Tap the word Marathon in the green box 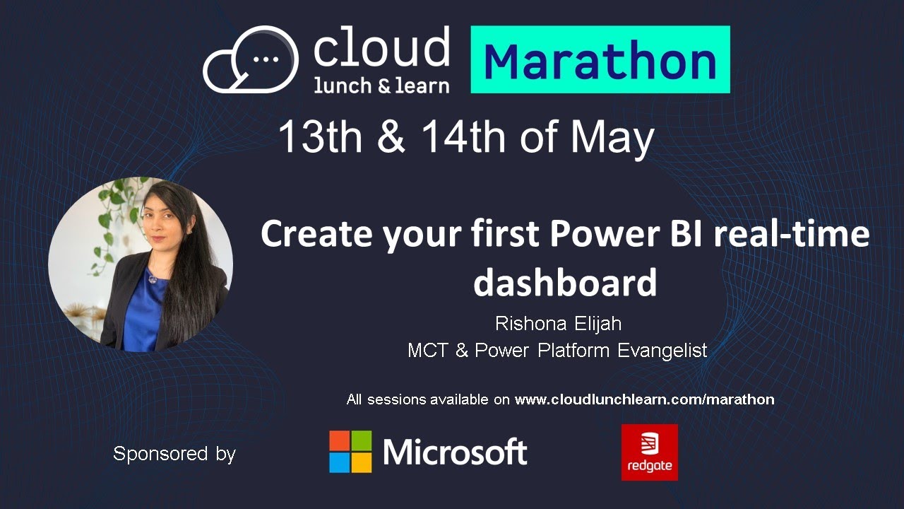pos(600,62)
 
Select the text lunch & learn pos(381,86)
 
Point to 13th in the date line pos(320,136)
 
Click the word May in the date pos(612,138)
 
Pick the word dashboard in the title pos(564,282)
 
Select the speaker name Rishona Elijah pos(557,324)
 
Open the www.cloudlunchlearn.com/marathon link pos(644,399)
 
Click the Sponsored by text pos(174,453)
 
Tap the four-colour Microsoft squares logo pos(350,452)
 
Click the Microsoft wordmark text pos(456,452)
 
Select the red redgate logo pos(649,452)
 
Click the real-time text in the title pos(791,234)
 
